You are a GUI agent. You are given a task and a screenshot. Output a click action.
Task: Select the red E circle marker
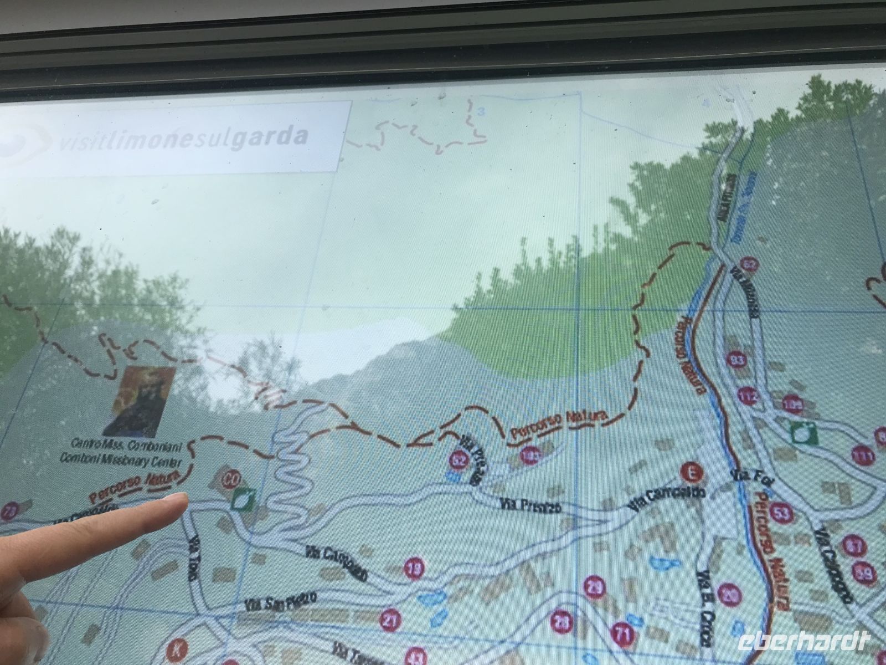[691, 472]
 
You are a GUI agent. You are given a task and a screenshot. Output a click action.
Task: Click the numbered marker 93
[738, 360]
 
